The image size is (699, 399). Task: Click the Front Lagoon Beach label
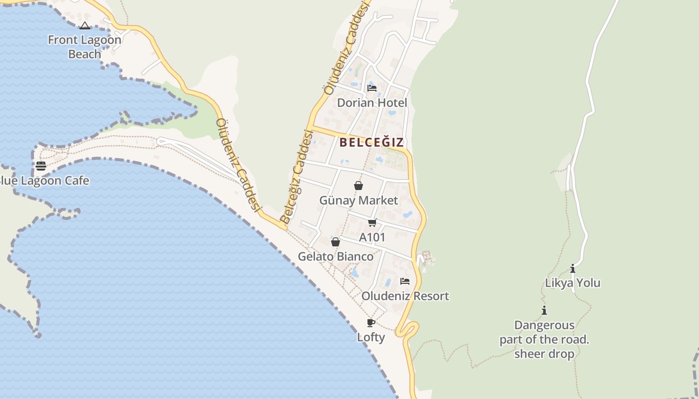[84, 47]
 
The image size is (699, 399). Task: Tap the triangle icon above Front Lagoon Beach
[85, 25]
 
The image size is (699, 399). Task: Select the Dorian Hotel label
[372, 103]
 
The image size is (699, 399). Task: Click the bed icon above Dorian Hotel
[372, 88]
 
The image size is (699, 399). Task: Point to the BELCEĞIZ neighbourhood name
[371, 142]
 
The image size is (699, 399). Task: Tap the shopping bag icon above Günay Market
[358, 186]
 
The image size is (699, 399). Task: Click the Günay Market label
[358, 200]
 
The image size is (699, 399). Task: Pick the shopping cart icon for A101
[372, 223]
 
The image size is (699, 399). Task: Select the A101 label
[372, 237]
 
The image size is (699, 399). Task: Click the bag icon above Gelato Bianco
[336, 242]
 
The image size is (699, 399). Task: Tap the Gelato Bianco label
[336, 256]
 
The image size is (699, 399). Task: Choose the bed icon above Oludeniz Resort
[405, 281]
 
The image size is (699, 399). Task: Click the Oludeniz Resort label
[405, 296]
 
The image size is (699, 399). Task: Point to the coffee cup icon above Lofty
[370, 323]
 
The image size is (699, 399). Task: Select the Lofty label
[370, 337]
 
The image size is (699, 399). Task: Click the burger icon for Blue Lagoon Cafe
[41, 166]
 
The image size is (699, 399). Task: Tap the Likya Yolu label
[572, 283]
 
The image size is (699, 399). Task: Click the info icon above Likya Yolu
[572, 269]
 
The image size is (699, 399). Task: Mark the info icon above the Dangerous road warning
[544, 311]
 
